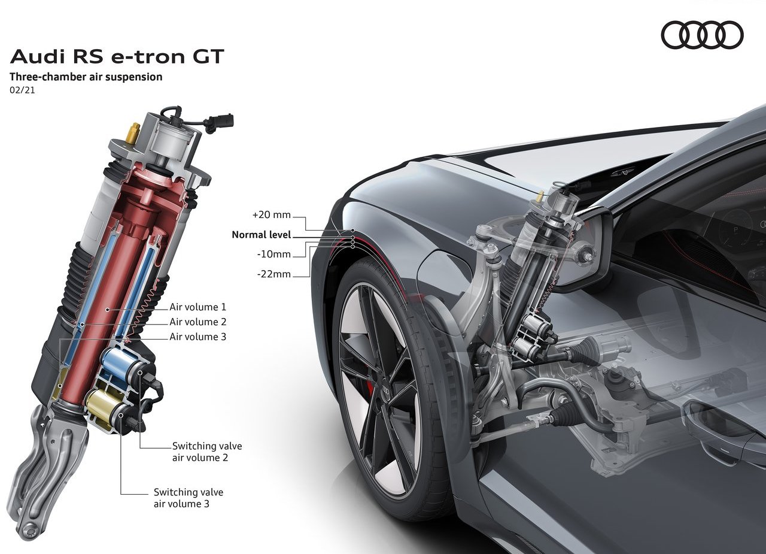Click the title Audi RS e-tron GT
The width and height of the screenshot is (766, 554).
(117, 56)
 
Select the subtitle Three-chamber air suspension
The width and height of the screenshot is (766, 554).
(86, 77)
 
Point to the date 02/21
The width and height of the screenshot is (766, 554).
(22, 91)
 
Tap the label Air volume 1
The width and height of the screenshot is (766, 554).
(198, 307)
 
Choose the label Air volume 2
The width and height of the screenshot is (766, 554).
(198, 322)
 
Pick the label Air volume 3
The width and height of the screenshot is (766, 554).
(198, 337)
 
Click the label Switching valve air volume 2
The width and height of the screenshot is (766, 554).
(207, 452)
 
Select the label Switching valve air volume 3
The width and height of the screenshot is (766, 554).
(189, 498)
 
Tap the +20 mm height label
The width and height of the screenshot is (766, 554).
(272, 215)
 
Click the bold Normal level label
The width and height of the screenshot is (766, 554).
(262, 235)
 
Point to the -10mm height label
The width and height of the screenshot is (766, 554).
(274, 255)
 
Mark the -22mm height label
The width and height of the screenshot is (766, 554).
(274, 274)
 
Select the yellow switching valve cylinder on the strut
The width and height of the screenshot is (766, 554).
(102, 407)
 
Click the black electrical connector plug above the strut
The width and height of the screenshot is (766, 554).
(222, 122)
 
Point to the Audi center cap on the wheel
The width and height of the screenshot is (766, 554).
(385, 390)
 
